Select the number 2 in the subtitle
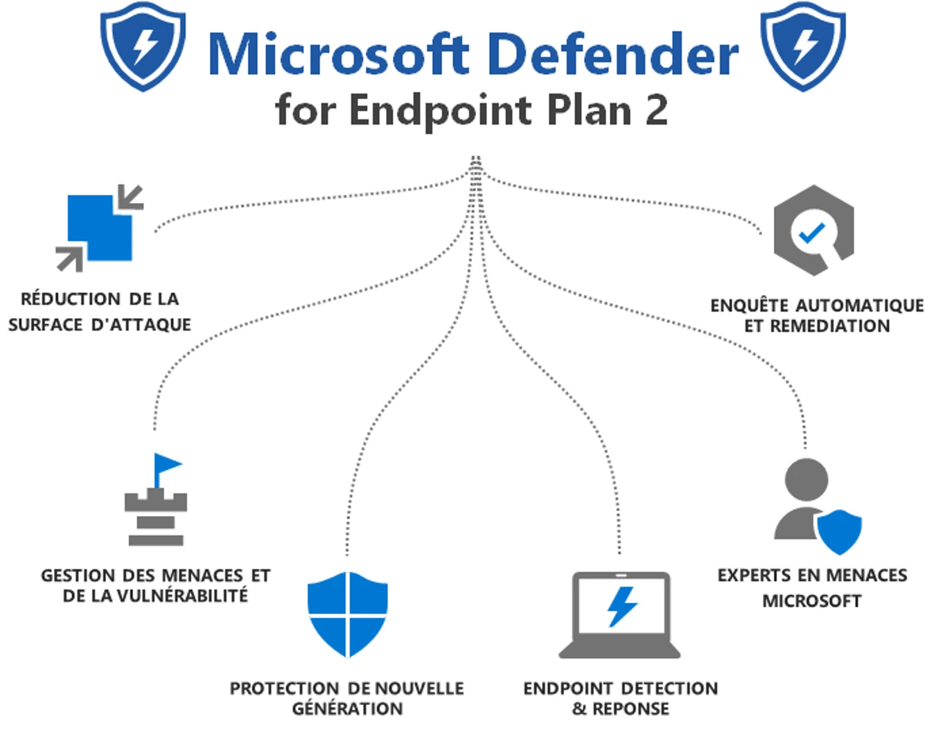tap(655, 109)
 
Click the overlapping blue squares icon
tap(100, 227)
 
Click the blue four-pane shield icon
tap(347, 614)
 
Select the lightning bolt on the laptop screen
tap(621, 607)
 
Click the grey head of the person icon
tap(806, 480)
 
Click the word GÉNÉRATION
tap(347, 709)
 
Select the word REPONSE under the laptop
tap(631, 709)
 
